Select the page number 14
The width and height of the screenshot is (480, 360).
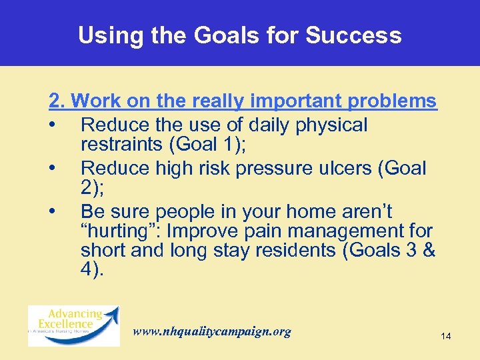(445, 337)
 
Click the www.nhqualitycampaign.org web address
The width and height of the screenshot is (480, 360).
(212, 331)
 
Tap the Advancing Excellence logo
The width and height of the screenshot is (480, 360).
(73, 326)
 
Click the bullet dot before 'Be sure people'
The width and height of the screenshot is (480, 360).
(52, 212)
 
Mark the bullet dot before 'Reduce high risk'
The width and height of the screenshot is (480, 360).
(52, 168)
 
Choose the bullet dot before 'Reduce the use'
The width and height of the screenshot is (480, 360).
(52, 125)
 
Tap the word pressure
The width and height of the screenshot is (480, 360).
(264, 168)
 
